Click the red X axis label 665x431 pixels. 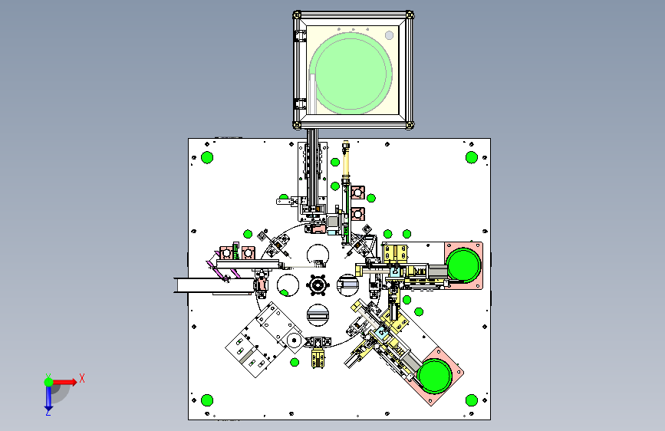[82, 378]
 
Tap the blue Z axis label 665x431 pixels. [48, 412]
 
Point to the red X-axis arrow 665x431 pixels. [64, 382]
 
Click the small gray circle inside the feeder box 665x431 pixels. [389, 35]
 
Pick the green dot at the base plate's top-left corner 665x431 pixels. [207, 157]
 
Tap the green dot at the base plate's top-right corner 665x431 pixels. [472, 157]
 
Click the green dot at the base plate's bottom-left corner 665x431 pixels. [207, 400]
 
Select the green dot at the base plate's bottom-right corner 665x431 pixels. [472, 400]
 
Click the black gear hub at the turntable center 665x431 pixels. [318, 285]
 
